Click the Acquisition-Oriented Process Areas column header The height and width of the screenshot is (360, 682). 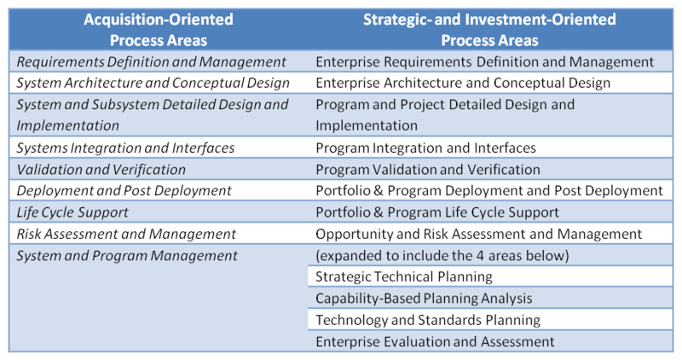(159, 30)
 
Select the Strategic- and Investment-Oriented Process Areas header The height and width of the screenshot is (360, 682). (489, 30)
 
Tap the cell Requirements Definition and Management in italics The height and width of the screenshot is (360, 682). (152, 61)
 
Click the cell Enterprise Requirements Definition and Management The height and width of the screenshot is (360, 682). (484, 61)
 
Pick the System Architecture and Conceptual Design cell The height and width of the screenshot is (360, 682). (153, 83)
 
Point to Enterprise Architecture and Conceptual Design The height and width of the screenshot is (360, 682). (463, 83)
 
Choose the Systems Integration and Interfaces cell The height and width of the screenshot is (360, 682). (125, 148)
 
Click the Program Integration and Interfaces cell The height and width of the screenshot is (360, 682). (425, 148)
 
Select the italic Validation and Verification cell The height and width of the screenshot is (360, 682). (101, 169)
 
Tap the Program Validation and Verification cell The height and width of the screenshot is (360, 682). (428, 169)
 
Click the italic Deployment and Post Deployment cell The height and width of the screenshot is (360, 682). (124, 191)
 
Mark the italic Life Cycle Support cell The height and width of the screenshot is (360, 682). (72, 212)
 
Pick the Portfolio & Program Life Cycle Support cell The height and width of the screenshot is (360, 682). (437, 212)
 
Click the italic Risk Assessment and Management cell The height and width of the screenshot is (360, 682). (126, 235)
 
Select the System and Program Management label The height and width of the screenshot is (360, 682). (127, 256)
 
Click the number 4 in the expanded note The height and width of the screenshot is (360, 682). (480, 256)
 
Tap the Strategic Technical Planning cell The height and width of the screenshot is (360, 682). (403, 277)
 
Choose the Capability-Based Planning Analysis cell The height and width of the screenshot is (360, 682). (424, 299)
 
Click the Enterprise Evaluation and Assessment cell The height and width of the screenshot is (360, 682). (435, 342)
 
